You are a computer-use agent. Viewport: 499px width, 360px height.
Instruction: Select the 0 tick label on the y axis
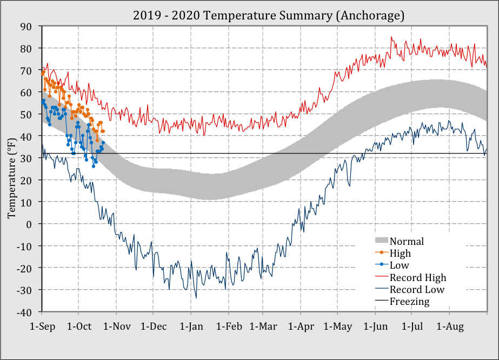pos(30,224)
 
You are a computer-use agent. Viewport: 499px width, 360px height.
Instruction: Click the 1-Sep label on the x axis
pos(42,327)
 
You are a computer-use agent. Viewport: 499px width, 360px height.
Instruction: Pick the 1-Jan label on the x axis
pos(190,327)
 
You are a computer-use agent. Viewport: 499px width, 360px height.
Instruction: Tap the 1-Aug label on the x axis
pos(450,327)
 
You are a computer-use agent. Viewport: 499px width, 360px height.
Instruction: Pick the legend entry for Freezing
pos(409,302)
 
